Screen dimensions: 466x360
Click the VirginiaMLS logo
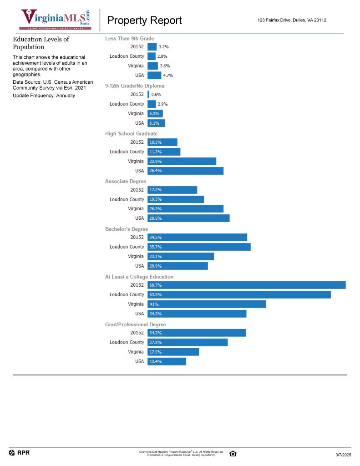[56, 20]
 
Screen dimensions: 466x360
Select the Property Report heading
[144, 20]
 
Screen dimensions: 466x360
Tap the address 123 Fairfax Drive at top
[292, 20]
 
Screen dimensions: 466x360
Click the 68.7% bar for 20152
[246, 285]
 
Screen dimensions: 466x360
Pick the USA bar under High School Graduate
[185, 171]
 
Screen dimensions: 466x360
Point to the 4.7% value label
[168, 75]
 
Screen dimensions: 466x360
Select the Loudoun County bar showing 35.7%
[199, 247]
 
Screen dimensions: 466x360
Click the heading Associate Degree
[126, 181]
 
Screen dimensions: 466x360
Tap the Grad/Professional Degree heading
[135, 324]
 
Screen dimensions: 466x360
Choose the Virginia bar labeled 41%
[206, 304]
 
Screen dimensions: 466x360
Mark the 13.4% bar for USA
[167, 361]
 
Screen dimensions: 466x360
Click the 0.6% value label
[157, 94]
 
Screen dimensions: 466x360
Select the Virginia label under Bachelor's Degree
[136, 256]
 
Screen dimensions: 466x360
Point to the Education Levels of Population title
[41, 43]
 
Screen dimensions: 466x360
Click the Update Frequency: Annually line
[44, 96]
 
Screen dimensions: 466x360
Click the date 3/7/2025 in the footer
[343, 455]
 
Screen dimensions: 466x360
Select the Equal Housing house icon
[233, 453]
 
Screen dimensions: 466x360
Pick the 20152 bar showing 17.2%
[172, 190]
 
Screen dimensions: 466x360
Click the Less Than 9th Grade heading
[129, 38]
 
